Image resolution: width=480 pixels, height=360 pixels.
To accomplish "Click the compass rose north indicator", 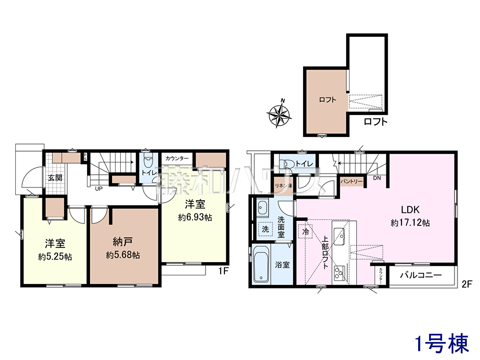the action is [x=279, y=114].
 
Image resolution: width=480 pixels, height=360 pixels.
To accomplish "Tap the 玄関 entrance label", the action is [x=55, y=178].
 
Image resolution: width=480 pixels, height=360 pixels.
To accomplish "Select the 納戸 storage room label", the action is [x=123, y=242].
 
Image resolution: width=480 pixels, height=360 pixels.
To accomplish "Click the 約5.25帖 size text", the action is [x=55, y=257].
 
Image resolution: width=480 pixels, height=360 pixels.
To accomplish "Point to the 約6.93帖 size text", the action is [x=195, y=217].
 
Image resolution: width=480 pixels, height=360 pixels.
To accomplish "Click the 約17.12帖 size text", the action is [x=410, y=223].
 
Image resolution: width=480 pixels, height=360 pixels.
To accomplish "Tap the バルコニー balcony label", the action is [x=421, y=275].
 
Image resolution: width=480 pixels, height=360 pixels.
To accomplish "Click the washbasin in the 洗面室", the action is [x=262, y=207].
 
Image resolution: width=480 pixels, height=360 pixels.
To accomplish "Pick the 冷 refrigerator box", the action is [x=305, y=232].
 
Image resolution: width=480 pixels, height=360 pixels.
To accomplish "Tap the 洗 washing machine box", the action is [x=265, y=229].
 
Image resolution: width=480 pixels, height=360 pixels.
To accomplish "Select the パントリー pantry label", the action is [x=351, y=181].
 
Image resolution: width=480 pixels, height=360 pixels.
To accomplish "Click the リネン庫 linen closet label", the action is [x=283, y=186].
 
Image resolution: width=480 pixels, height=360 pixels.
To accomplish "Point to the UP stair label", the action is [x=99, y=189].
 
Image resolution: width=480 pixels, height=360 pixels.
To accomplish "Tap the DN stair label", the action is [x=377, y=178].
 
